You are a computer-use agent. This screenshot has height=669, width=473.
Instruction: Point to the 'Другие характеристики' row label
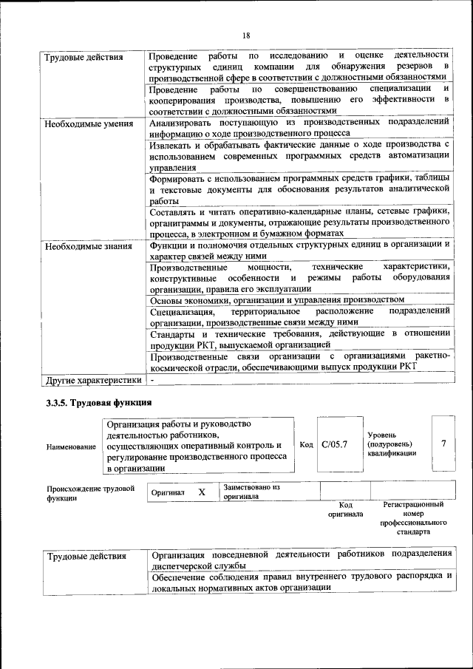coord(92,381)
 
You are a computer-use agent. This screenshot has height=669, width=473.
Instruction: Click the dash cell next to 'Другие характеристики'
coord(152,381)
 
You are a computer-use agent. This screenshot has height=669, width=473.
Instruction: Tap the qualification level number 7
coord(443,444)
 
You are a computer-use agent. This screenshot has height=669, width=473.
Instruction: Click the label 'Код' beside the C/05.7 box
coord(306,444)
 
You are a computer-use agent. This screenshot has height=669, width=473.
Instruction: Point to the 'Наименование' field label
coord(70,447)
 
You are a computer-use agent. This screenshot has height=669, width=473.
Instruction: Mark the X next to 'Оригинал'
coord(201,492)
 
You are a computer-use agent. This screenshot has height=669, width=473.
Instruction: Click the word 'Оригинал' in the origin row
coord(168,492)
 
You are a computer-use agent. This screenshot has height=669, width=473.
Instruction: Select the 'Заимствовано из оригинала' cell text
coord(251,492)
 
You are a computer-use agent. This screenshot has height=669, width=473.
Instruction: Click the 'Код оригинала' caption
coord(345,509)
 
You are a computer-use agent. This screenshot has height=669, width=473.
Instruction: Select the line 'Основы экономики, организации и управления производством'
coord(277,299)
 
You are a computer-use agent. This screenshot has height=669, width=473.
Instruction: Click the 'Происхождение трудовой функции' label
coord(90,493)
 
